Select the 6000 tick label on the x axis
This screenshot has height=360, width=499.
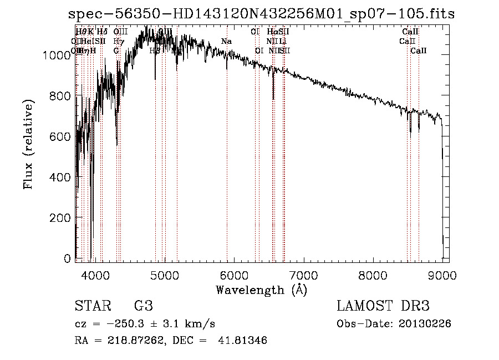tap(234, 275)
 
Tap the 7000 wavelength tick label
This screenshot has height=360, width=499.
tap(303, 275)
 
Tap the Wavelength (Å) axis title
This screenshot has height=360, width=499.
tap(261, 290)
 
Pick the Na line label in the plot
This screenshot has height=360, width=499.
tap(226, 42)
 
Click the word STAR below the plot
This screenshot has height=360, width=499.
tap(91, 306)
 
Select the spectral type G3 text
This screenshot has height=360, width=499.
tap(143, 306)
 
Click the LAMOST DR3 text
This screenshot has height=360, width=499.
tap(383, 306)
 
